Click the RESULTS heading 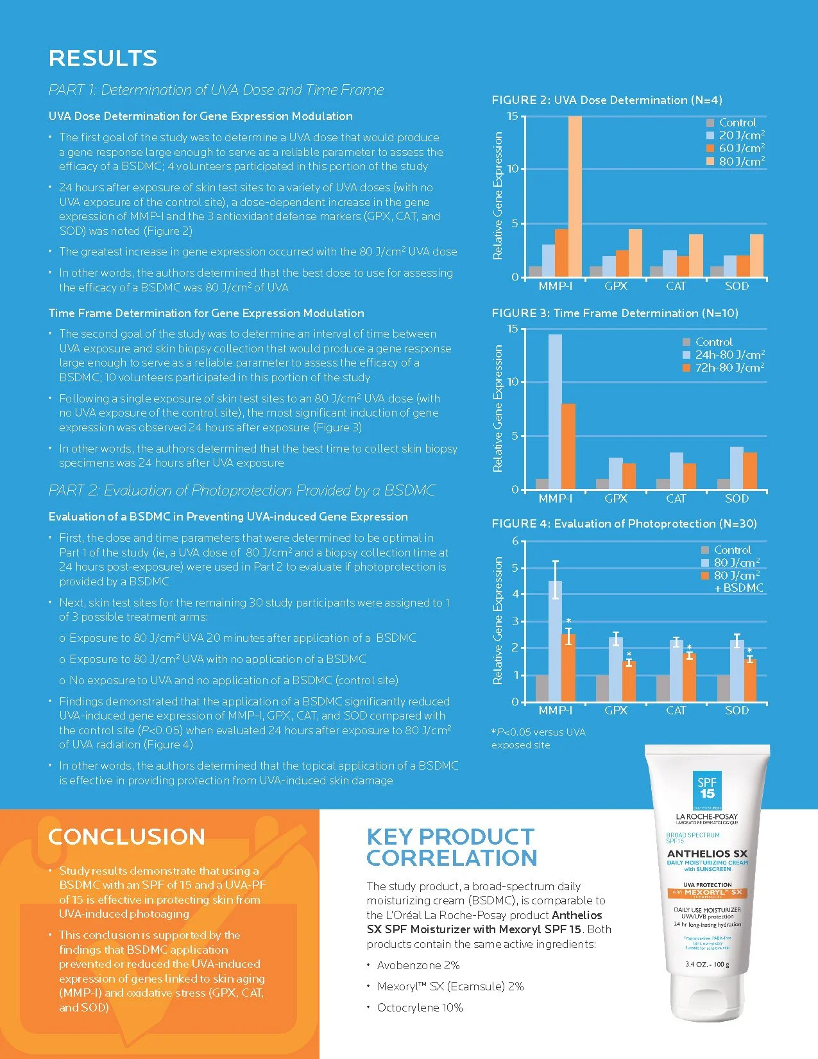(x=103, y=58)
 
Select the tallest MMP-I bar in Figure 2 (x=575, y=196)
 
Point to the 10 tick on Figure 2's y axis (x=513, y=169)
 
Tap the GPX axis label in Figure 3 (x=616, y=499)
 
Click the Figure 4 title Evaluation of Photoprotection (x=624, y=524)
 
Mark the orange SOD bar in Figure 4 (x=749, y=680)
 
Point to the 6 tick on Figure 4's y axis (x=515, y=541)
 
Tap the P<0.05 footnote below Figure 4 (x=538, y=738)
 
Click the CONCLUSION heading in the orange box (x=126, y=837)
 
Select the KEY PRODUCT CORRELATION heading (x=451, y=847)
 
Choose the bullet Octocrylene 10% (x=420, y=1008)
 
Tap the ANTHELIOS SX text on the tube (x=707, y=854)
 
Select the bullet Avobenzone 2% (x=418, y=965)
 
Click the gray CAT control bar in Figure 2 (x=656, y=271)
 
